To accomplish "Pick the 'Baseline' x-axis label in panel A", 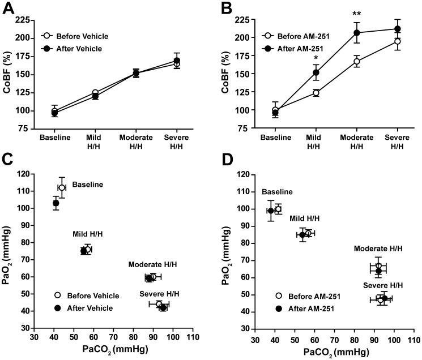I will coord(54,137).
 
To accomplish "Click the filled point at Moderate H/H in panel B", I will coord(341,33).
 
